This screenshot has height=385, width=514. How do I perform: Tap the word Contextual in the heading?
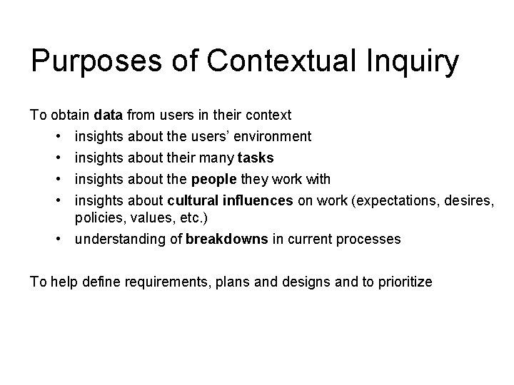pyautogui.click(x=263, y=63)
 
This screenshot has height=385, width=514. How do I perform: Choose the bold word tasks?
pyautogui.click(x=256, y=158)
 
